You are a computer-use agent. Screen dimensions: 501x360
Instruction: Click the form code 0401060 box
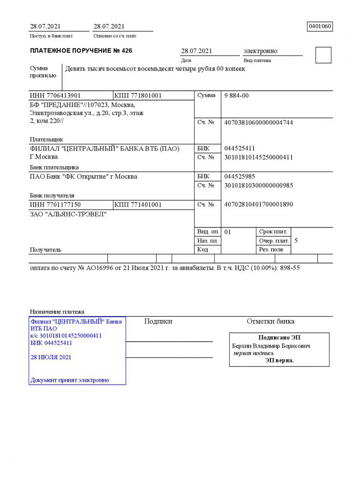point(320,26)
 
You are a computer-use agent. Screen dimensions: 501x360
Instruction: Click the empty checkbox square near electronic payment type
point(323,55)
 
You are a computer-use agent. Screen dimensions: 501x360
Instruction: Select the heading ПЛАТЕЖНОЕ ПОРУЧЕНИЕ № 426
point(81,51)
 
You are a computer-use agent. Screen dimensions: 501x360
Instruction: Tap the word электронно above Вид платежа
point(260,51)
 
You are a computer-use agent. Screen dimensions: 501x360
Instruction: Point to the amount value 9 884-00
point(236,95)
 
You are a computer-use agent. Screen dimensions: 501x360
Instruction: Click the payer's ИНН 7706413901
point(55,95)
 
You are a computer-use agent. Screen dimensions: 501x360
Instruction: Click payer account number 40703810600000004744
point(259,123)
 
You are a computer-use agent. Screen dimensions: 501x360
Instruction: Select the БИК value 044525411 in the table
point(239,148)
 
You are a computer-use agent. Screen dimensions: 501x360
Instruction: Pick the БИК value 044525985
point(239,177)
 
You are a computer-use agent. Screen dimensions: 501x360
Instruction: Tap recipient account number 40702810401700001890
point(259,204)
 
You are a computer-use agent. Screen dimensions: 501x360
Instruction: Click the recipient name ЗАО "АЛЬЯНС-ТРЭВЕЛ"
point(68,214)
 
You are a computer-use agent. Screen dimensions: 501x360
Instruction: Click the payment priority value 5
point(296,240)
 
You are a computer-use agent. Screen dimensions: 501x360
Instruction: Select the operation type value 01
point(228,232)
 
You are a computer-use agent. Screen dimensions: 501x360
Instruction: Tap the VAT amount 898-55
point(290,268)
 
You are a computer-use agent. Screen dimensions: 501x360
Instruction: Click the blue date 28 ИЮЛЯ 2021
point(51,357)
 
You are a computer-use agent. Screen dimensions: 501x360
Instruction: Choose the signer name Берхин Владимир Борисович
point(271,346)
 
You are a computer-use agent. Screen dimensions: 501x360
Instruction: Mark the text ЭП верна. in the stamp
point(279,360)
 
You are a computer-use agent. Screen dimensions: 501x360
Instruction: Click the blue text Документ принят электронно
point(70,380)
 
